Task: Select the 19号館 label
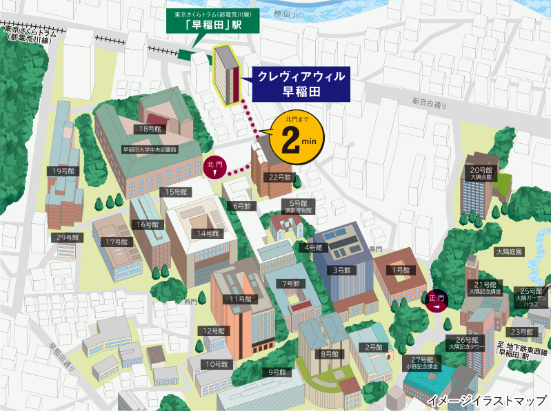pos(63,170)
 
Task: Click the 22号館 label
pos(281,177)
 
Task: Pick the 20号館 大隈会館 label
pos(481,173)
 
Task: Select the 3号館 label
pos(343,271)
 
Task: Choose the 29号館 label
pos(69,238)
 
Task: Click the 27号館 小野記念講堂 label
pos(422,363)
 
